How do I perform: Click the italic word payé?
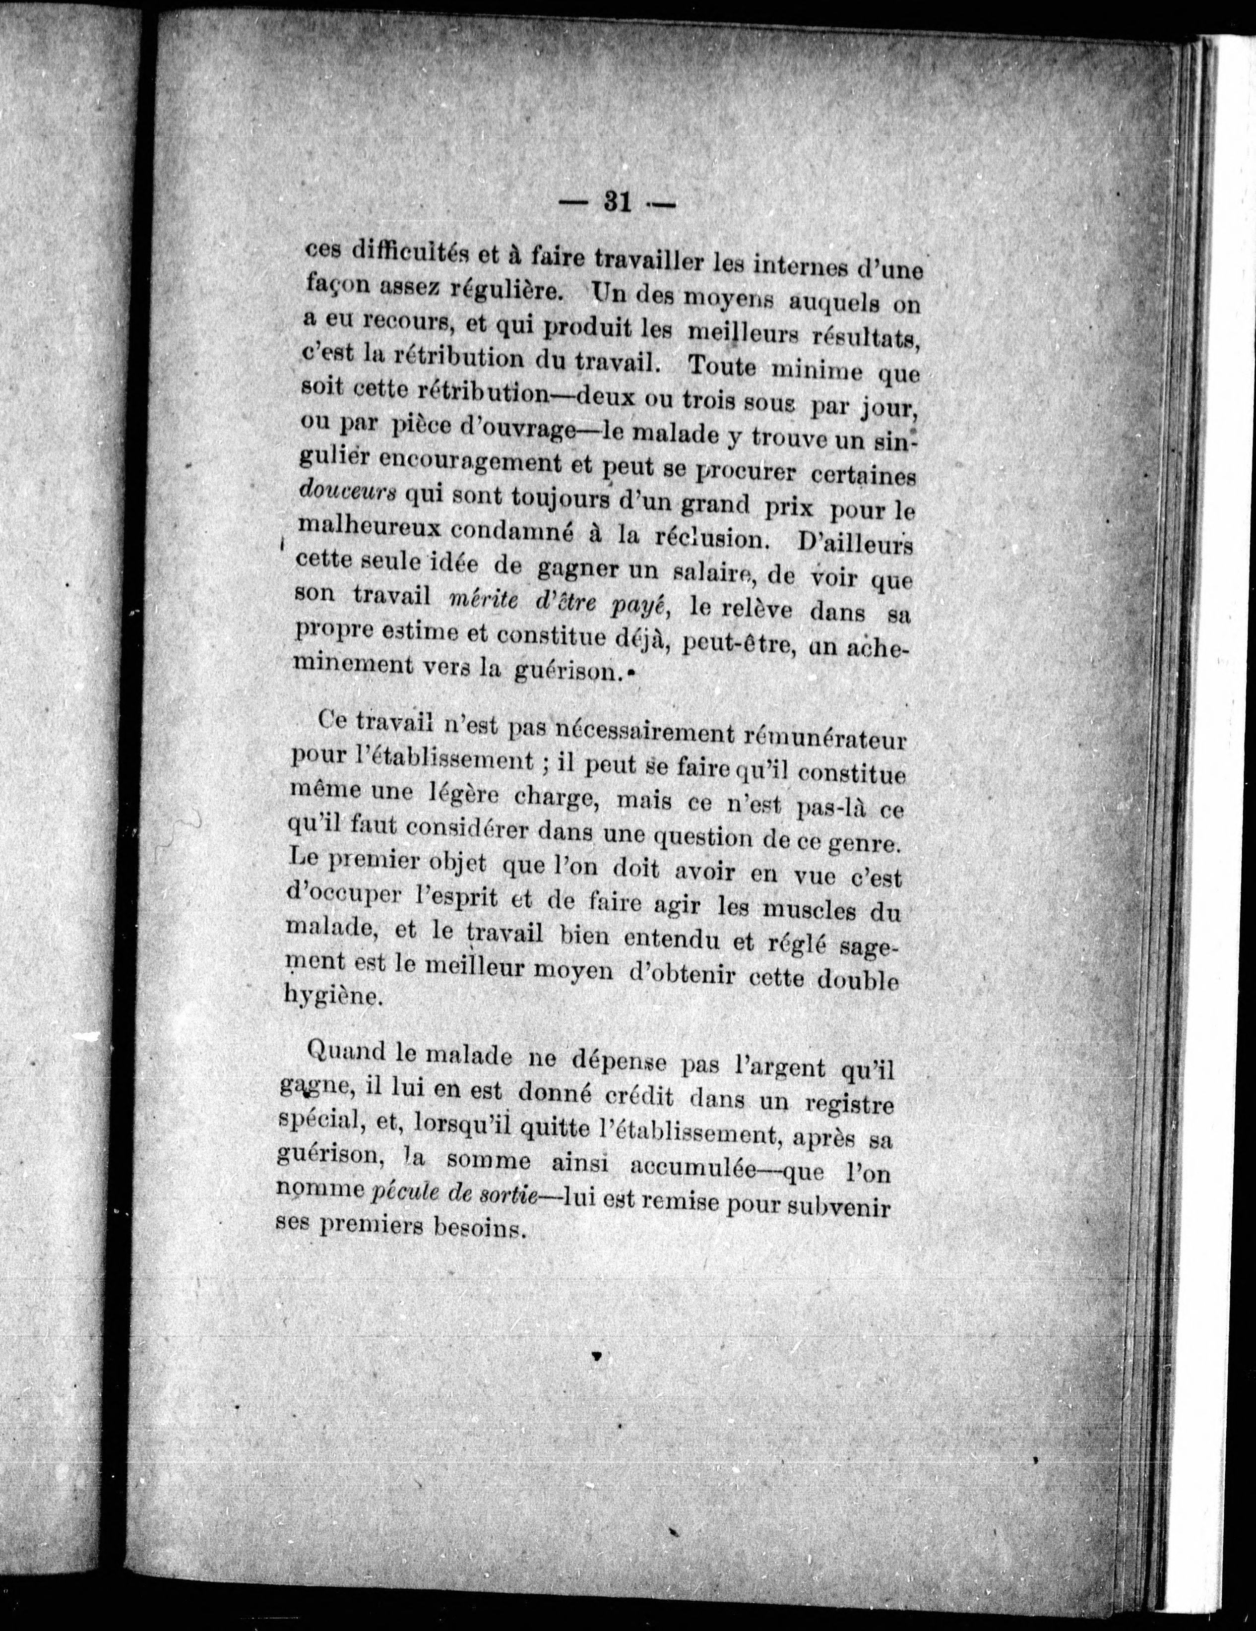pyautogui.click(x=638, y=608)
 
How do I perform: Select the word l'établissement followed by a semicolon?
pyautogui.click(x=445, y=761)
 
